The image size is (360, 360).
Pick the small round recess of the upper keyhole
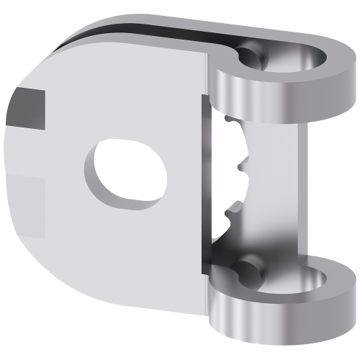click(x=251, y=54)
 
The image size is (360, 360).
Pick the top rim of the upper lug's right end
click(x=331, y=54)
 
